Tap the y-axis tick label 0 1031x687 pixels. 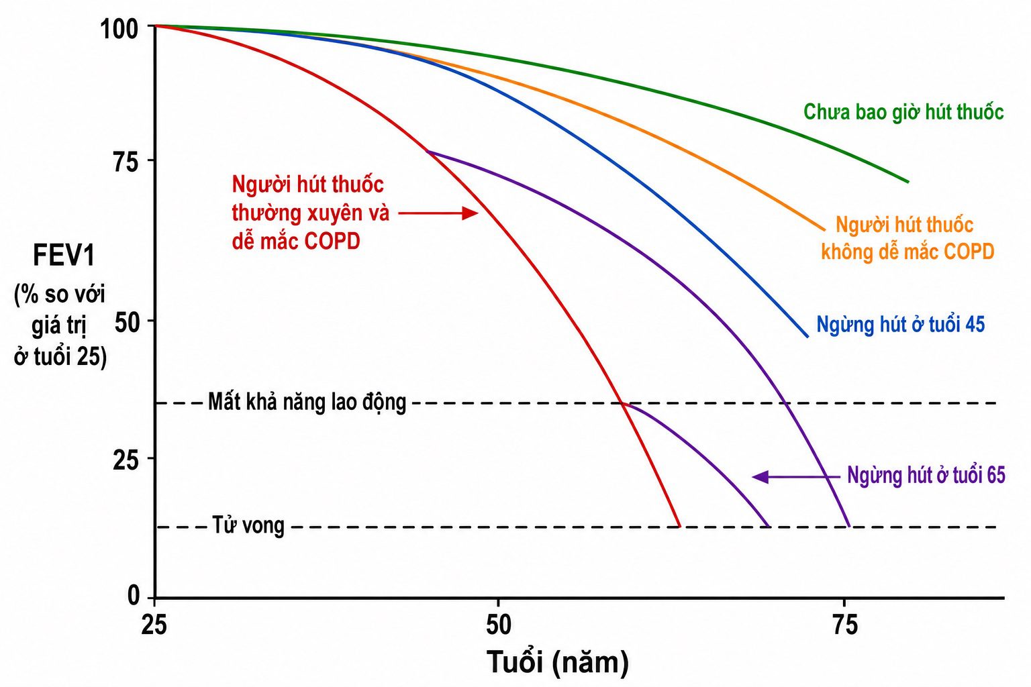[134, 596]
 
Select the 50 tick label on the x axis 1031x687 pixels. [499, 625]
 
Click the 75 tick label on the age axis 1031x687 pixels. [846, 625]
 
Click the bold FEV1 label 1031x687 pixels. [64, 256]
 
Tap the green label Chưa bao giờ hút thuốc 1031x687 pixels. [903, 112]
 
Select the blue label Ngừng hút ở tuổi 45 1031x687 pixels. [900, 325]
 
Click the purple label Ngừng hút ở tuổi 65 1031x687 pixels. [926, 475]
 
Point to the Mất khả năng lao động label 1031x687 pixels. [307, 402]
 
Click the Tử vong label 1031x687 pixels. [248, 525]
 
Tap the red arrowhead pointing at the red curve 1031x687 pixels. [470, 213]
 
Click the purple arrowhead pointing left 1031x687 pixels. [760, 477]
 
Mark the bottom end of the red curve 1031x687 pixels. [679, 527]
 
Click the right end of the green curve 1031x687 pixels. [908, 182]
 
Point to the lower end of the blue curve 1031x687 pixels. [807, 337]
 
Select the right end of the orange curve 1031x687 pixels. [824, 229]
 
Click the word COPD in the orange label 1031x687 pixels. [969, 252]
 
